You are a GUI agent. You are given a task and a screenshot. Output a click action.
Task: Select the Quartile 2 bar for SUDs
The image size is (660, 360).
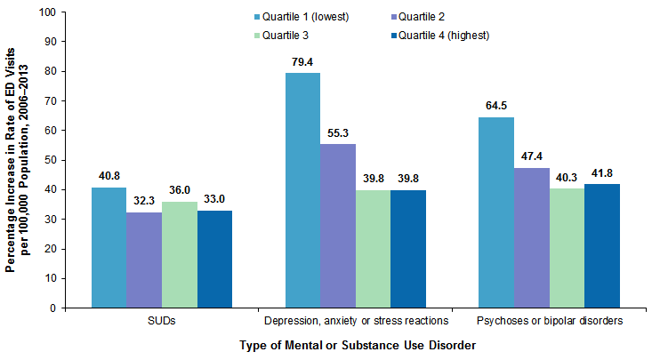tap(144, 260)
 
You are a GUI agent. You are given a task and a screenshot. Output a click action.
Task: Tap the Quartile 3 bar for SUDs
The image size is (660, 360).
tap(180, 254)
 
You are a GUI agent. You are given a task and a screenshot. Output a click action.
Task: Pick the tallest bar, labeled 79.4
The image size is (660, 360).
tap(302, 190)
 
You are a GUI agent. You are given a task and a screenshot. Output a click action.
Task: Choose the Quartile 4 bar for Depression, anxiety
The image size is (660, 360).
tap(408, 249)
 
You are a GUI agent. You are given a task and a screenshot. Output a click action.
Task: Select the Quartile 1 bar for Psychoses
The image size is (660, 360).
tap(495, 212)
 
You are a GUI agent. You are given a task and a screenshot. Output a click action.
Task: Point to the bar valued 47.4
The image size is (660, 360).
tap(531, 237)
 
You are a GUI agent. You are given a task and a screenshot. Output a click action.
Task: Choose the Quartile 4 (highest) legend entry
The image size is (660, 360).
tap(443, 36)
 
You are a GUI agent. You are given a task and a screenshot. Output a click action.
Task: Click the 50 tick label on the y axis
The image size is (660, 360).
tap(49, 160)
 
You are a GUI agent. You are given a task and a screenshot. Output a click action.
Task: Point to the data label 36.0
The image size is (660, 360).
tap(181, 190)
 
